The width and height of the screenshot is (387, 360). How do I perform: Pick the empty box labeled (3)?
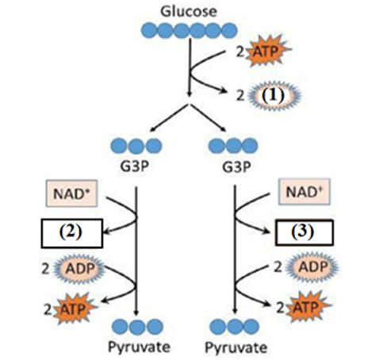pos(304,234)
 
